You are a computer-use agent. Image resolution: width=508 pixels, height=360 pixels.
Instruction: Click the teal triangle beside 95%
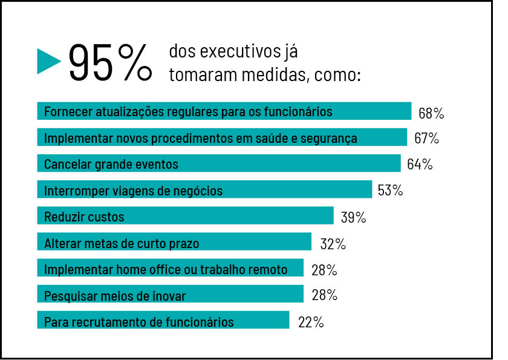(x=48, y=61)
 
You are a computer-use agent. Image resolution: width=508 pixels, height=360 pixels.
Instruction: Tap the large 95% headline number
(x=109, y=62)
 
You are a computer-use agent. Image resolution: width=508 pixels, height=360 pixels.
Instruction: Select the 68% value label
(x=431, y=113)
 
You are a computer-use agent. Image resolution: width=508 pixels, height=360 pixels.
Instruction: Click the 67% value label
(x=426, y=139)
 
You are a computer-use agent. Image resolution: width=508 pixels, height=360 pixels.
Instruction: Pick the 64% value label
(x=420, y=165)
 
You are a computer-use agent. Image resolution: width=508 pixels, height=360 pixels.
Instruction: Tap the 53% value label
(x=390, y=191)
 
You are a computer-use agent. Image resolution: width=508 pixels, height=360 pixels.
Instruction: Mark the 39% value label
(x=353, y=217)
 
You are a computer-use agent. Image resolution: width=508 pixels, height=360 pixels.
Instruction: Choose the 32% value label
(x=333, y=244)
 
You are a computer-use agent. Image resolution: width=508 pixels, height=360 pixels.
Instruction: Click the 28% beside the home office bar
(x=324, y=270)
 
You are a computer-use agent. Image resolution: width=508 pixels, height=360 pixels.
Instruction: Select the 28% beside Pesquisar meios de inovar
(x=324, y=296)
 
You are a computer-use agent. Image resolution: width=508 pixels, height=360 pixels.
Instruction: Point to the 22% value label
(x=311, y=322)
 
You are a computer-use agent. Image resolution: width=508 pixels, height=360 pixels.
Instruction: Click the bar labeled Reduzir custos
(x=185, y=216)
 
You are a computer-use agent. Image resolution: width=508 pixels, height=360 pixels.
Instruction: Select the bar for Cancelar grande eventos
(x=218, y=164)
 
